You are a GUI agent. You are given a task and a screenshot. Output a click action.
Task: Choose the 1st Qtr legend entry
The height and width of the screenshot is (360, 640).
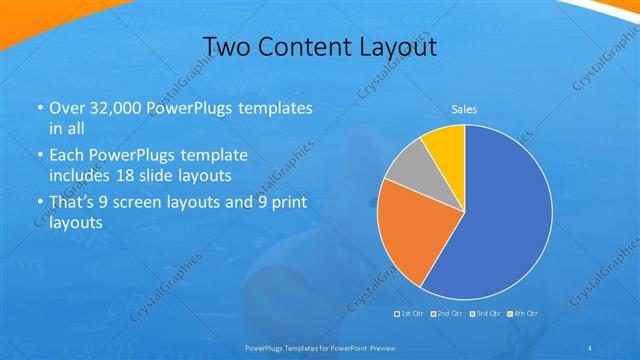(x=410, y=314)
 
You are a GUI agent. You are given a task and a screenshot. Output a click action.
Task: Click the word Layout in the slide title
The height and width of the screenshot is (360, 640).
(x=394, y=47)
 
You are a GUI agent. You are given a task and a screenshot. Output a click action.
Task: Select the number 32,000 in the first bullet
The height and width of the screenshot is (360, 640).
(x=112, y=108)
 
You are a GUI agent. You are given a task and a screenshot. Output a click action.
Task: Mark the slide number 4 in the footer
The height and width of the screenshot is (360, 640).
(x=590, y=347)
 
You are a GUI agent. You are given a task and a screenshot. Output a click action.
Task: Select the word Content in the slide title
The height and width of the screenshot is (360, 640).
(x=302, y=47)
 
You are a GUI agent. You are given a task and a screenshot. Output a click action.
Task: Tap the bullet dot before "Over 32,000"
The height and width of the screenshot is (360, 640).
(x=39, y=108)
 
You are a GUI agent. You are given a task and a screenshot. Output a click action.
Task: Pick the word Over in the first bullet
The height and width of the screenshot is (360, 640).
(x=66, y=108)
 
